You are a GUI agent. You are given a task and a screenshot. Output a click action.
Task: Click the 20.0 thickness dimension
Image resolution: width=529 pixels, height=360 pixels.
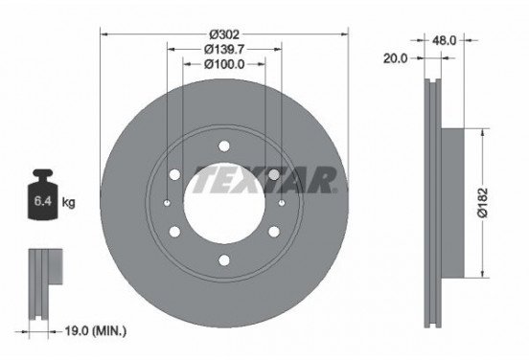[396, 58]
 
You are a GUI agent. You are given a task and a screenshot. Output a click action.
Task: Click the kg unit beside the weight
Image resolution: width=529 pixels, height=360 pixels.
[68, 204]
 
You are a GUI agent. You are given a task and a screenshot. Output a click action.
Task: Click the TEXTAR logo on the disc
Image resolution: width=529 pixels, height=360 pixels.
[264, 179]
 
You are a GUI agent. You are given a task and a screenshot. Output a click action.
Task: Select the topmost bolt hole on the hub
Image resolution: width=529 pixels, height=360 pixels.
[224, 146]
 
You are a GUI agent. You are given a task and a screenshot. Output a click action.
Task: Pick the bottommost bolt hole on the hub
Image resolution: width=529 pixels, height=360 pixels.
[224, 260]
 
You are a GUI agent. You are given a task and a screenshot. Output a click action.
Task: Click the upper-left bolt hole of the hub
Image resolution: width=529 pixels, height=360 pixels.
[175, 174]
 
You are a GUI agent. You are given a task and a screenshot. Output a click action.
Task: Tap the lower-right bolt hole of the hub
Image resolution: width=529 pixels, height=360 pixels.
[274, 231]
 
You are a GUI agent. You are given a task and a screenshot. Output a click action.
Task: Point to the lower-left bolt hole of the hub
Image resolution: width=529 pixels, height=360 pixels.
[175, 231]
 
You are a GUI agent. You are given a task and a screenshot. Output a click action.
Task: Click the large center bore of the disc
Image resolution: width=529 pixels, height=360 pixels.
[224, 203]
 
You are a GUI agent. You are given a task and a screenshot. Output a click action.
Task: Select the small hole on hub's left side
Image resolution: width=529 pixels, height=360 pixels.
[168, 203]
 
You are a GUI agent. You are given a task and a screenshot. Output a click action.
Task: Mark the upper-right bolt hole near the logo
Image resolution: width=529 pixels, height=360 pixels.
[274, 174]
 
